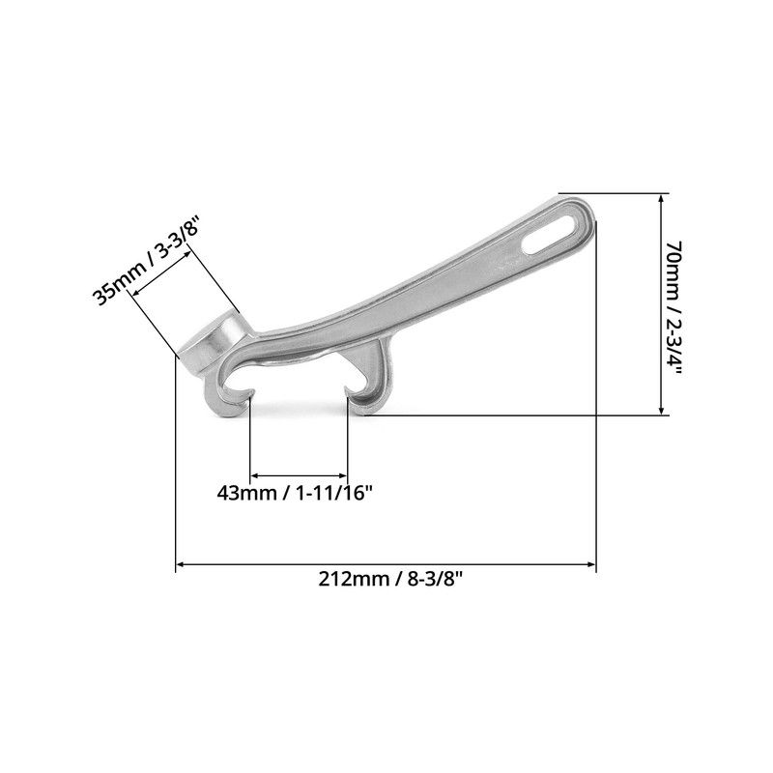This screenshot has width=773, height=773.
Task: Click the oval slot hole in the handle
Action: (551, 233)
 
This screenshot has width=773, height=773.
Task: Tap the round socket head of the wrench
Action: (215, 343)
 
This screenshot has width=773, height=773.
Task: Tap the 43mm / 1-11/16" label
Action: (295, 492)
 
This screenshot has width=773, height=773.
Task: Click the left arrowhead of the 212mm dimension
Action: (181, 564)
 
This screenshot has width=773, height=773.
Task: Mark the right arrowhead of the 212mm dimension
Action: (591, 564)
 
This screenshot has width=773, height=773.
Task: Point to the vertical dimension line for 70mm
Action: (661, 304)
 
